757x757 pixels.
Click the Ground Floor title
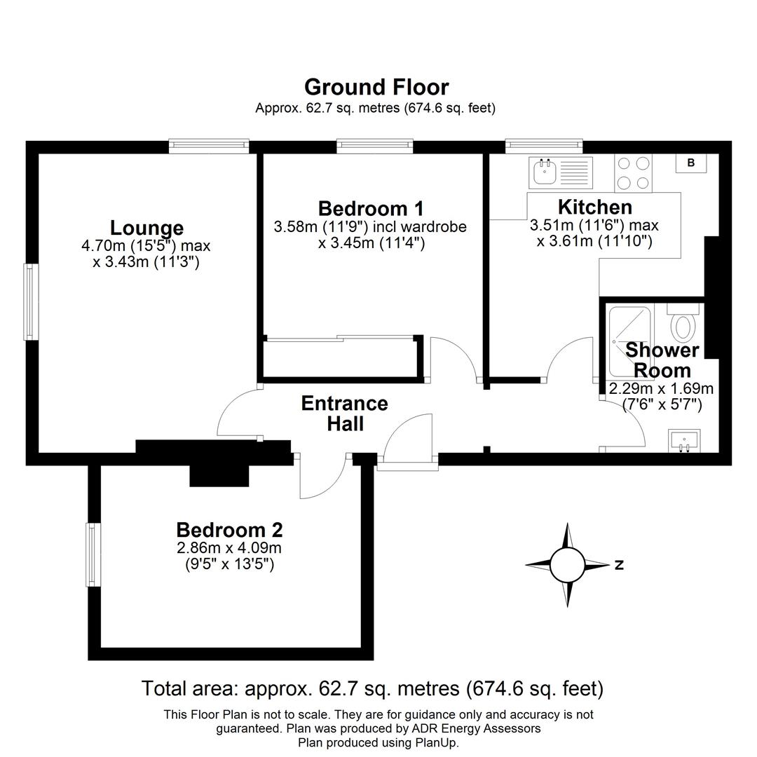(376, 87)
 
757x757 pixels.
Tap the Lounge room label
(146, 228)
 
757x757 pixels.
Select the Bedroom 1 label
(370, 208)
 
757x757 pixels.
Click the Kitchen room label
(594, 207)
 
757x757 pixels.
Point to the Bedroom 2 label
(229, 529)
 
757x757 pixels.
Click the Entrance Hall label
(344, 414)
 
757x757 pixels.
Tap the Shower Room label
(662, 360)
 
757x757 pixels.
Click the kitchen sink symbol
(561, 172)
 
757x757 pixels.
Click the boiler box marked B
(690, 163)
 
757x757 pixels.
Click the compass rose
(567, 564)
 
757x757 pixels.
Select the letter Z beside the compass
(619, 565)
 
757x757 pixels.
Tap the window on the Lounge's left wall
(31, 301)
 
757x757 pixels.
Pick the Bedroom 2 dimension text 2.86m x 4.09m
(229, 547)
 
